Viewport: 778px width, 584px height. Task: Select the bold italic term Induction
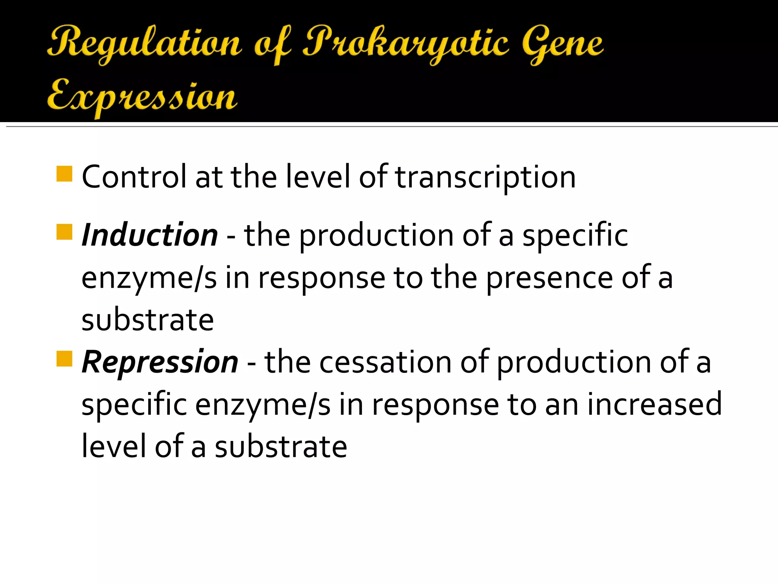150,235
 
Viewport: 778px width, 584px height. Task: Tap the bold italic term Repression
160,362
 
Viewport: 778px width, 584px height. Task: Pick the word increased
654,404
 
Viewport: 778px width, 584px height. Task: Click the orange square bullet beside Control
64,174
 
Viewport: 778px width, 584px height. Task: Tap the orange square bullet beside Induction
64,232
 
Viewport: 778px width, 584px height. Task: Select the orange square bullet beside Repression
64,359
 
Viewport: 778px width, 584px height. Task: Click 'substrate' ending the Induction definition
148,320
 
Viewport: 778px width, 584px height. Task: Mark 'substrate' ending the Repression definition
281,446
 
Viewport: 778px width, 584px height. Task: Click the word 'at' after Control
209,177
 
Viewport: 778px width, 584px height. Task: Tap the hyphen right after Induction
231,239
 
